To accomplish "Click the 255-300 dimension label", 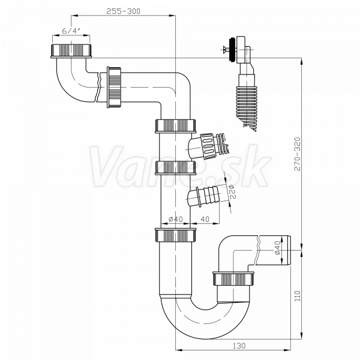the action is click(x=123, y=11).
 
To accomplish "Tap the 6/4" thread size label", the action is click(x=71, y=31).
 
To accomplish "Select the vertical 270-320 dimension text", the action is click(x=298, y=154).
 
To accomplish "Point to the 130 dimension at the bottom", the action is click(x=239, y=346).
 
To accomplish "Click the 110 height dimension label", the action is click(x=298, y=296).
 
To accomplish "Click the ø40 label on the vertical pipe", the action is click(x=176, y=219).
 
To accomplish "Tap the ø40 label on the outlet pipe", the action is click(x=278, y=248).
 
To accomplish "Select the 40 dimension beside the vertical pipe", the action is click(x=205, y=219).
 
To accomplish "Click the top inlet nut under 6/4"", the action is click(x=71, y=50).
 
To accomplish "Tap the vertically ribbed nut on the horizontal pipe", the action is click(x=114, y=87).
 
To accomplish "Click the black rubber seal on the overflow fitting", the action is click(x=232, y=50).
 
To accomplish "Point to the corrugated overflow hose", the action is click(x=247, y=106).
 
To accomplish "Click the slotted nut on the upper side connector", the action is click(x=208, y=146).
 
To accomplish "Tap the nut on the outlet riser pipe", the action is click(x=233, y=278).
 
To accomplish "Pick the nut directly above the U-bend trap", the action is click(x=175, y=235).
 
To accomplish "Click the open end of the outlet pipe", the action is click(x=288, y=250).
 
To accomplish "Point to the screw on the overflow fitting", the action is click(x=226, y=49).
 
